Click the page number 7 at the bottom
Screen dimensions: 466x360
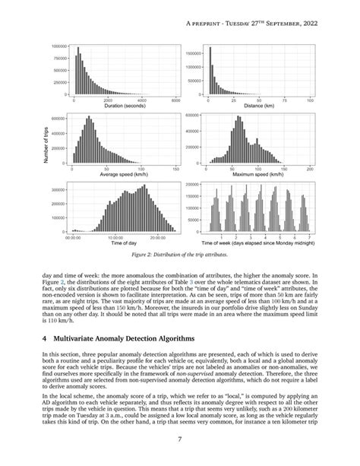(x=179, y=439)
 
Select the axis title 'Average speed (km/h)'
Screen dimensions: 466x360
(x=123, y=175)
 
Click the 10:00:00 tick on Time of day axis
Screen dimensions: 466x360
(x=116, y=236)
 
